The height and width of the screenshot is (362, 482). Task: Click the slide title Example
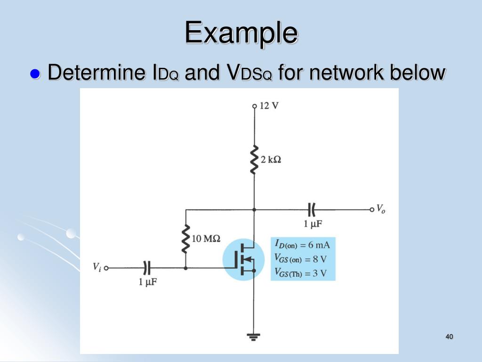coord(241,33)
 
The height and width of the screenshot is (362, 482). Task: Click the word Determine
coord(96,73)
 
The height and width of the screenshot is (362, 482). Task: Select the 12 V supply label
coord(269,105)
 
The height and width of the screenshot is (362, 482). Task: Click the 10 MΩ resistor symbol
coord(186,239)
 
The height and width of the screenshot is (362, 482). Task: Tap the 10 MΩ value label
coord(206,239)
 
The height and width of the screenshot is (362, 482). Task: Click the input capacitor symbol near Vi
coord(147,268)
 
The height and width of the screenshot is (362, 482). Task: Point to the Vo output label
coord(380,209)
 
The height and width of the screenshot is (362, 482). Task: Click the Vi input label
coord(96,267)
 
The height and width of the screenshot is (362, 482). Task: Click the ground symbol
coord(254,337)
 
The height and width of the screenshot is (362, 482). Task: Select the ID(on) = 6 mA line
coord(302,245)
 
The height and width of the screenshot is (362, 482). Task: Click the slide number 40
coord(449,337)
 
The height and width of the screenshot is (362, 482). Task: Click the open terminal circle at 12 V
coord(254,106)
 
